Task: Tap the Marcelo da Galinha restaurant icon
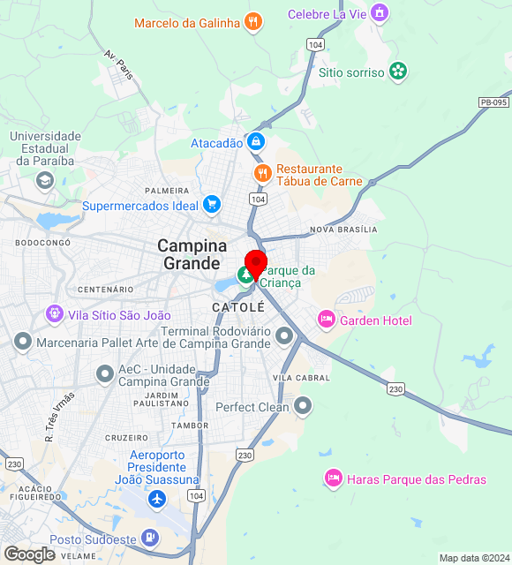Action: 253,22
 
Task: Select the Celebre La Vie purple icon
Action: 379,13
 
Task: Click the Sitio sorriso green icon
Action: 398,72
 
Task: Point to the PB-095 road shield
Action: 494,102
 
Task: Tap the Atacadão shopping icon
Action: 256,141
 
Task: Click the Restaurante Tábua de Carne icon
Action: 261,173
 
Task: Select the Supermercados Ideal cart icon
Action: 211,205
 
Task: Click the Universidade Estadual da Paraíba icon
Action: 44,180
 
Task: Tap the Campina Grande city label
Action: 192,254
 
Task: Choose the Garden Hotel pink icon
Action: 327,319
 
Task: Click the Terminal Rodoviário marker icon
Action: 283,335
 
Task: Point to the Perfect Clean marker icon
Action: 303,406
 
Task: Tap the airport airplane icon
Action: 157,500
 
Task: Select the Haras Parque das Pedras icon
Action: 333,478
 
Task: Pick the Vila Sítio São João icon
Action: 55,313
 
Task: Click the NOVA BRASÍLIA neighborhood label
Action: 343,230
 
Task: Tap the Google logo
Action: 29,554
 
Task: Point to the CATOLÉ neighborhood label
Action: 237,307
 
